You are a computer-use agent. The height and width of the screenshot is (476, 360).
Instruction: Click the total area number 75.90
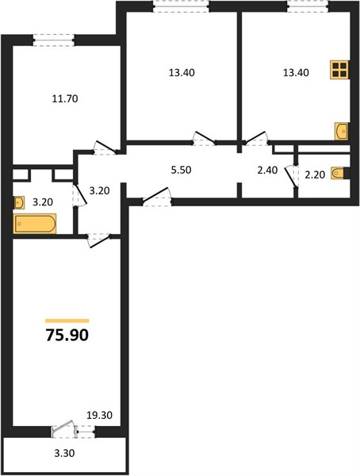pos(67,335)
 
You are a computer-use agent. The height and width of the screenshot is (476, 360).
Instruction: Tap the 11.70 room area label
pos(65,98)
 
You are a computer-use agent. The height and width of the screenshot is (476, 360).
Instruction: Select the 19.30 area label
pos(99,415)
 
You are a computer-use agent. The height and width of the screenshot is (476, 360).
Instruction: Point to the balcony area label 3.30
pos(64,454)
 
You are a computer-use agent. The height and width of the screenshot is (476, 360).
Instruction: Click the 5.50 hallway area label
pos(182,170)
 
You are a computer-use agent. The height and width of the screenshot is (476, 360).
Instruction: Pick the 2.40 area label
pos(267,171)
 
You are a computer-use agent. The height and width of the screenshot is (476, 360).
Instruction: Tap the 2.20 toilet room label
pos(315,175)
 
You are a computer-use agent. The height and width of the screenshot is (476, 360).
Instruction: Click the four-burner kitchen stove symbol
pos(339,70)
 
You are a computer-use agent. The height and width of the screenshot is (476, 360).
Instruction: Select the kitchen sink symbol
pos(342,131)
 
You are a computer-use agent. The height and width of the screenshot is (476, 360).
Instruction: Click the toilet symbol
pos(340,173)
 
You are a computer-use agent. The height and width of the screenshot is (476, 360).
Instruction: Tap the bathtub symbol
pos(35,224)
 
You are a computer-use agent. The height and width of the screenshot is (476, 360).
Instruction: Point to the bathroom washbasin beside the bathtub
pos(19,203)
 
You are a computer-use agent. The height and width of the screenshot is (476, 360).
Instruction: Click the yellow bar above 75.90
pos(67,321)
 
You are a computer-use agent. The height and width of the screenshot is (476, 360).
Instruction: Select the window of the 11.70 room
pos(53,40)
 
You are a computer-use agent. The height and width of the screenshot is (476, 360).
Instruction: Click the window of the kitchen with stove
pos(308,6)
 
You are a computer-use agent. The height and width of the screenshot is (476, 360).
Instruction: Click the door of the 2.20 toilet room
pos(291,176)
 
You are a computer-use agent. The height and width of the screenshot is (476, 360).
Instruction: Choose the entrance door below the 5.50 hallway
pos(157,198)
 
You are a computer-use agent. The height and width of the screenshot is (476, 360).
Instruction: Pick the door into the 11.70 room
pos(105,148)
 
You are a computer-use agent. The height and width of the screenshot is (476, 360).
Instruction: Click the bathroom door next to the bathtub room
pos(79,195)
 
